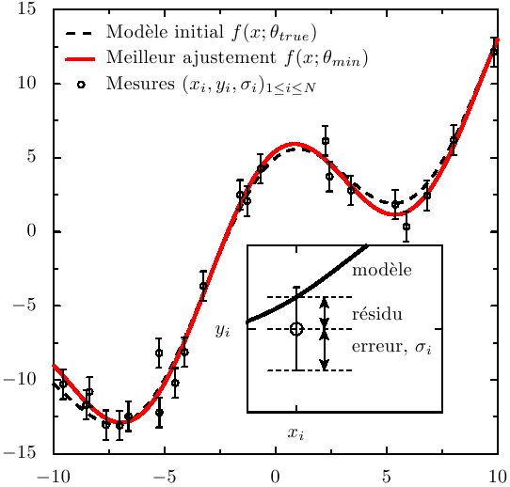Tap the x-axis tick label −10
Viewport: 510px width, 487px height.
pyautogui.click(x=54, y=475)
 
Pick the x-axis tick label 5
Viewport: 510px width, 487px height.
pyautogui.click(x=387, y=475)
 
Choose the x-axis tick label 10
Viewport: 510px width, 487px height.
pyautogui.click(x=497, y=475)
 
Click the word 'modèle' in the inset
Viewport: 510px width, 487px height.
pyautogui.click(x=381, y=270)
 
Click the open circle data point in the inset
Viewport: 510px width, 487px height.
pyautogui.click(x=296, y=329)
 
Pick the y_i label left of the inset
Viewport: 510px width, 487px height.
pyautogui.click(x=223, y=331)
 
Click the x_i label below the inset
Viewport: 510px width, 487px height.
pyautogui.click(x=295, y=433)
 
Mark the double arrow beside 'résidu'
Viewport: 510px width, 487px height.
pyautogui.click(x=325, y=313)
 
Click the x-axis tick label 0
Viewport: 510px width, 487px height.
pyautogui.click(x=276, y=475)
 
